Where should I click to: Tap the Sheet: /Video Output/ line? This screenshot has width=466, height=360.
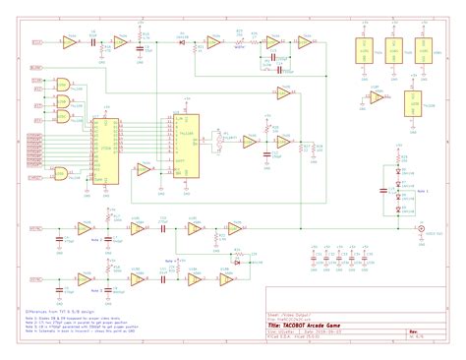click(x=295, y=316)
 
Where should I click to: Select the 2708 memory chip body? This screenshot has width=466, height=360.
click(x=103, y=151)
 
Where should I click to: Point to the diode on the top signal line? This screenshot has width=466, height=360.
click(x=182, y=43)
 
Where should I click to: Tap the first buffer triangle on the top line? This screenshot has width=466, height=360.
click(x=67, y=43)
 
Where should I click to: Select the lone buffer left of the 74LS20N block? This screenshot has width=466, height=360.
click(x=378, y=99)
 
